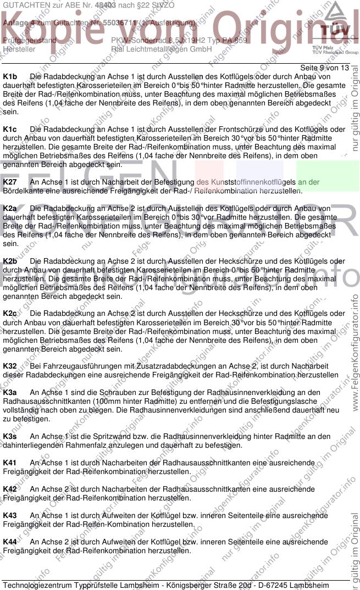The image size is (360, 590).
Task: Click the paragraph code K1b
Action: click(10, 77)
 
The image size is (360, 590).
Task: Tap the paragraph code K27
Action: click(10, 182)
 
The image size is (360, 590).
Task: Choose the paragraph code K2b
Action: click(10, 261)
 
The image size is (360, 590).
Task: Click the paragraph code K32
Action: click(10, 366)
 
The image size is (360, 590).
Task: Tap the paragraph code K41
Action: click(10, 463)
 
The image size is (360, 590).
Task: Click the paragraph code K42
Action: click(10, 489)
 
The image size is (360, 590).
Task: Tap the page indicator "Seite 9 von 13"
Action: click(324, 68)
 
